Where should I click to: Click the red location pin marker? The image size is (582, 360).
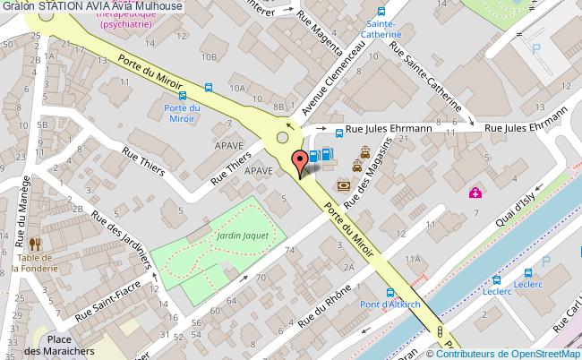click(301, 162)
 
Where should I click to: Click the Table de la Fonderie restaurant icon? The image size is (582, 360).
click(35, 244)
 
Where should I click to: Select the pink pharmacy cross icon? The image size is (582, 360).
click(475, 192)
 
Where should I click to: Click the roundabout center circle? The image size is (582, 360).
click(283, 138)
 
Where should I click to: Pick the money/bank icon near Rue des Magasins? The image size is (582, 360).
click(344, 185)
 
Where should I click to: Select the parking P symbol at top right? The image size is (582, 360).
click(536, 48)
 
